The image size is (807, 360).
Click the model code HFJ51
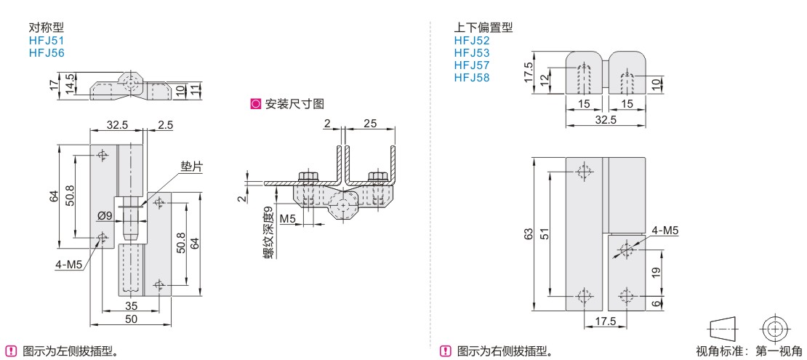click(46, 41)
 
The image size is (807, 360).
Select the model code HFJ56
click(46, 53)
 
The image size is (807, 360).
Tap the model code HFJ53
click(472, 53)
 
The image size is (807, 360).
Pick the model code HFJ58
click(472, 78)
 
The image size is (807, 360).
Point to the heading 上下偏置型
click(483, 28)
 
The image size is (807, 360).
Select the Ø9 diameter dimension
click(104, 215)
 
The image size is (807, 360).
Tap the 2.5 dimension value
click(165, 125)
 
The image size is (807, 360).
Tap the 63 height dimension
click(529, 233)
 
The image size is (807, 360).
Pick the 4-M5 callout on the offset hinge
click(665, 231)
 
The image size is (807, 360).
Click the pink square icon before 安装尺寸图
click(255, 104)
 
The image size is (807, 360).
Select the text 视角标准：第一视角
click(749, 352)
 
